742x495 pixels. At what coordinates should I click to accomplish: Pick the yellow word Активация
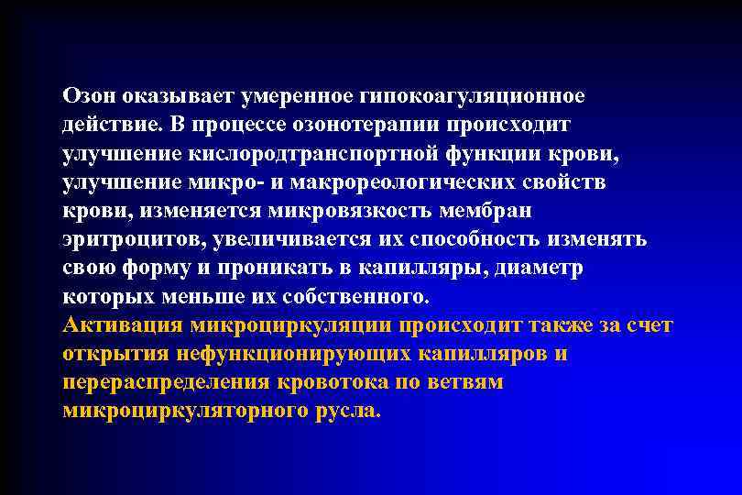click(122, 324)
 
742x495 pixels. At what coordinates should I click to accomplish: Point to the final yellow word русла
click(348, 410)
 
